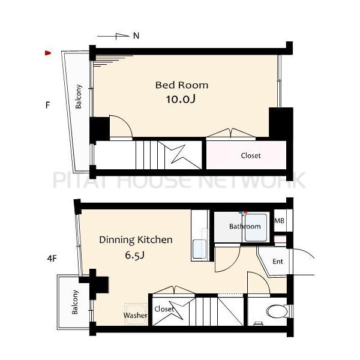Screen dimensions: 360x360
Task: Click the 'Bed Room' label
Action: coord(182,85)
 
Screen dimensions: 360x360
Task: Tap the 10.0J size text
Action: coord(181,99)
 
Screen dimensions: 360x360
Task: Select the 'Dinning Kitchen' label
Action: coord(136,240)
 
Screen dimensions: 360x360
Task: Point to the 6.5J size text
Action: coord(134,255)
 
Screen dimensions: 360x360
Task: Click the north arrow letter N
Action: coord(136,36)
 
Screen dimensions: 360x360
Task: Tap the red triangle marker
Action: coord(48,53)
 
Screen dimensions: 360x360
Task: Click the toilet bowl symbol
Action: coord(277,311)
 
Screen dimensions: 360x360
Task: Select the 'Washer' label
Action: coord(135,315)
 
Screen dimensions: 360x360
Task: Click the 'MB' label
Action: coord(280,221)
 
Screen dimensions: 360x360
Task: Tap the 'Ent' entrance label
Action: coord(278,261)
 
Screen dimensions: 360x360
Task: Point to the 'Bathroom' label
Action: coord(245,226)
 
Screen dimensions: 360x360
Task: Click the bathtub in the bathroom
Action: coord(256,227)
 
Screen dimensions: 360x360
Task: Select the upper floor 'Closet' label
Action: coord(251,155)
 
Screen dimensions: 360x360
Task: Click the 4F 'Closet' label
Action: coord(164,309)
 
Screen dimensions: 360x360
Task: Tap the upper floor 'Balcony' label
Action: coord(78,97)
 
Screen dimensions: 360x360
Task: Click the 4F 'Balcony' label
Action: coord(74,302)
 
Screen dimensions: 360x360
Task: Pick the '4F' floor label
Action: coord(52,259)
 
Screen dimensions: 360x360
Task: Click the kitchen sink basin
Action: coord(199,249)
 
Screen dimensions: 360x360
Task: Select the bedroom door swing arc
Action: coord(126,121)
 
